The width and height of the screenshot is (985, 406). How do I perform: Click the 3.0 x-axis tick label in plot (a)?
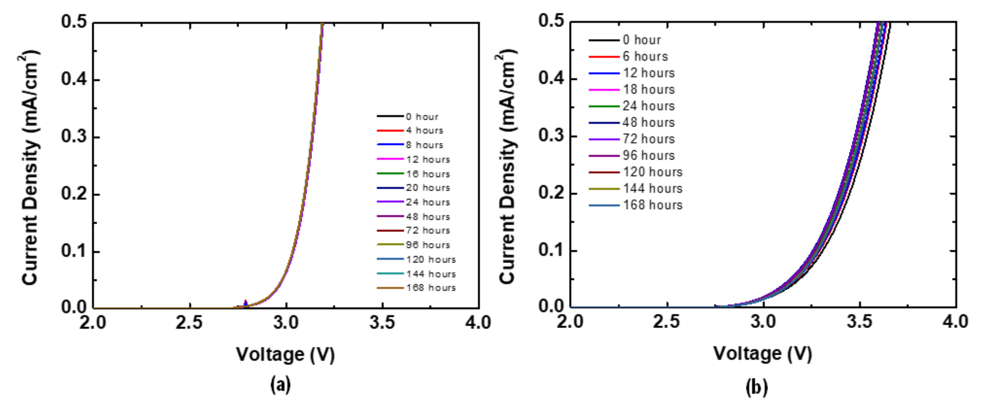286,323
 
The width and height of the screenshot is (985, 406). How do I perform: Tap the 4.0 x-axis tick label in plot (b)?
955,322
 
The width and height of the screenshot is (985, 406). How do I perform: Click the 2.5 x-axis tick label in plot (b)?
666,322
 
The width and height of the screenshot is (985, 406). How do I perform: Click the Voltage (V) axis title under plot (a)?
285,354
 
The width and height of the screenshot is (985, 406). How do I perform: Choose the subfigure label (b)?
757,388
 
